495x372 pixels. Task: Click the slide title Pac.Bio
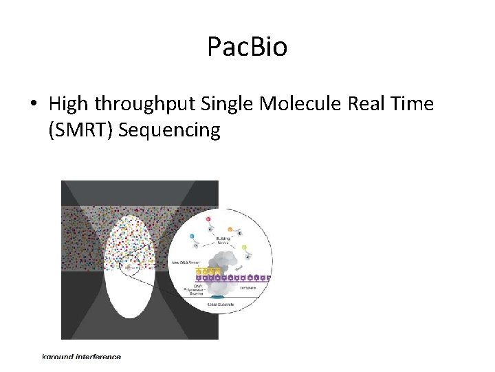click(x=247, y=47)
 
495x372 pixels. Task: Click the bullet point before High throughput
click(x=32, y=105)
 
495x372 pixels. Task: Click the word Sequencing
click(x=169, y=130)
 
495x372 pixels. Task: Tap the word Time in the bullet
click(x=410, y=104)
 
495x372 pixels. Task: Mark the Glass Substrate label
click(x=221, y=304)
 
